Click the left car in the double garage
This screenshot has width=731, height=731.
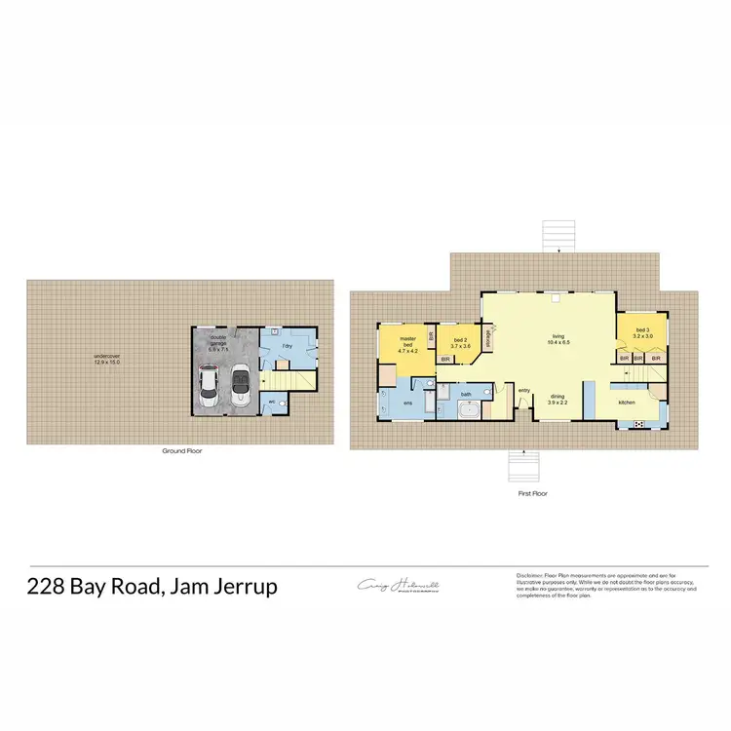208,387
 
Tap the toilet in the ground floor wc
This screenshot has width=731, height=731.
283,402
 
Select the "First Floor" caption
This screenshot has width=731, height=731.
531,494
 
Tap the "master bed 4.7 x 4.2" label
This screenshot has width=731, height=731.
407,345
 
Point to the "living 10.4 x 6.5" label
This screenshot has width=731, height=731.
558,340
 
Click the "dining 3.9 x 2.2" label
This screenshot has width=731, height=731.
557,400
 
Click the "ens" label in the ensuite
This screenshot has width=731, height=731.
407,401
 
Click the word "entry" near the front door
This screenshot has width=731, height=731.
523,391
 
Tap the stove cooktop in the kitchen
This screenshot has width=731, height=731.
638,423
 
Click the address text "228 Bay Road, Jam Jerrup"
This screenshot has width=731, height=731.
152,587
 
